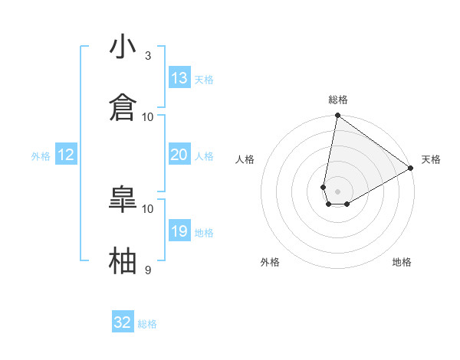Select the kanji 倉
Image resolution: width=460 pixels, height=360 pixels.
click(123, 107)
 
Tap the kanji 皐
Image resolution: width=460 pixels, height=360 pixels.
click(123, 200)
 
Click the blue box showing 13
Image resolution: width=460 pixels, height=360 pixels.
click(179, 78)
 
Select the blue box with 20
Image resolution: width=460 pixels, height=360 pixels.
click(179, 155)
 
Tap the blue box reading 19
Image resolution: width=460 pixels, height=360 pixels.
click(179, 231)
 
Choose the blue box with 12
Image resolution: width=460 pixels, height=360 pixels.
click(66, 155)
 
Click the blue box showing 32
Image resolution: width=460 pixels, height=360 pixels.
click(123, 322)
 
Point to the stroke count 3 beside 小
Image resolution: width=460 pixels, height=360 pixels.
click(148, 56)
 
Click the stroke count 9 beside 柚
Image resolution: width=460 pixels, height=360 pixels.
click(148, 270)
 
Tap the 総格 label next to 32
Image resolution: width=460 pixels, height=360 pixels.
click(147, 324)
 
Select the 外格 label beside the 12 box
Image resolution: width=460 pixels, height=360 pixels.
click(41, 156)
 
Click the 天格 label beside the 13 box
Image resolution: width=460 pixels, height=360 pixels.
click(204, 80)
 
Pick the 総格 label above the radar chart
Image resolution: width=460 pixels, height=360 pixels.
click(338, 100)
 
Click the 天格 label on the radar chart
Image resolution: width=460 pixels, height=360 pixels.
click(431, 159)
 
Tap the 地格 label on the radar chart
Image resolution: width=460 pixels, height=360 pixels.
click(402, 262)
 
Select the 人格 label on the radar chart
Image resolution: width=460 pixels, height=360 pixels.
click(245, 159)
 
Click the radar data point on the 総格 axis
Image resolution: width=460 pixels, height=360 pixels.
click(337, 116)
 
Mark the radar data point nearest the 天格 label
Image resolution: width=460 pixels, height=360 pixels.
click(411, 169)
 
